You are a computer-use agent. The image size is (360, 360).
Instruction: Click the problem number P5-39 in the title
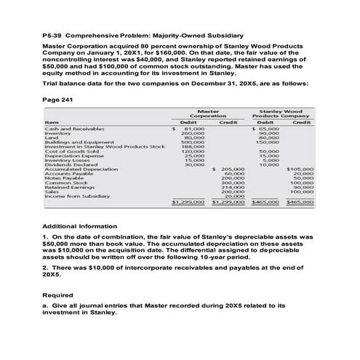54,36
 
